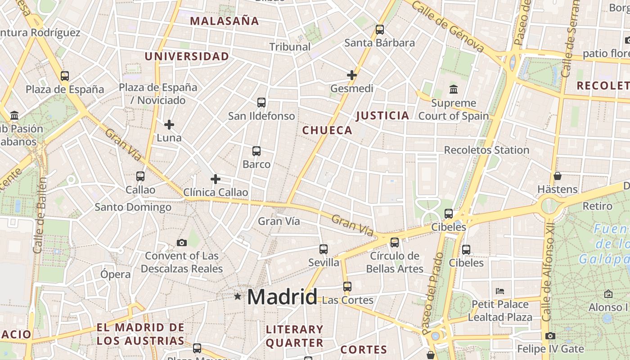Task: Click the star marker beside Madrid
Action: point(238,296)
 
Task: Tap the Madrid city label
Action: point(282,297)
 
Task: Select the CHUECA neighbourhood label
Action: point(327,130)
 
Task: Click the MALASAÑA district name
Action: point(224,21)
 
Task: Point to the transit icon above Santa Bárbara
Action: point(380,30)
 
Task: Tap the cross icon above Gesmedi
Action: point(352,75)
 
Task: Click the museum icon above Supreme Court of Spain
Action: point(454,90)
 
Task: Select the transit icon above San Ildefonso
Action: point(261,103)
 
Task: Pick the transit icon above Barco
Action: point(256,151)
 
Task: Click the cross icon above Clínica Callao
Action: point(216,179)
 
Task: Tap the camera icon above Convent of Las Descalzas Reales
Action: point(182,243)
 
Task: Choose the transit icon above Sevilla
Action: point(324,249)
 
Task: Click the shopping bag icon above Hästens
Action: point(558,176)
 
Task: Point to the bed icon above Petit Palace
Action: point(500,291)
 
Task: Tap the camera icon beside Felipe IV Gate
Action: point(550,336)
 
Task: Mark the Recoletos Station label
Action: point(486,150)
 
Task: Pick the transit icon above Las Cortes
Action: point(347,286)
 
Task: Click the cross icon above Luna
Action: point(169,124)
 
